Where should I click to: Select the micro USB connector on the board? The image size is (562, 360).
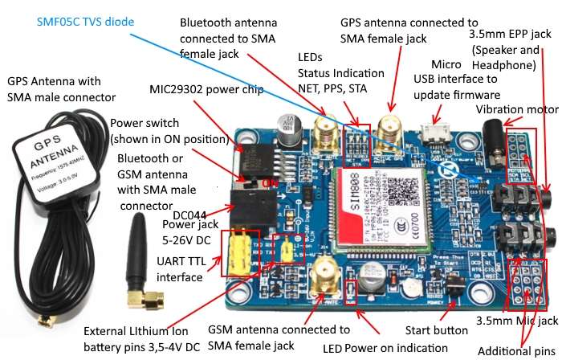pos(439,132)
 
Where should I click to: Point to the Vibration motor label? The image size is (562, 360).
pos(516,109)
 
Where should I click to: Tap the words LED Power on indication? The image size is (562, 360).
pos(385,348)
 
